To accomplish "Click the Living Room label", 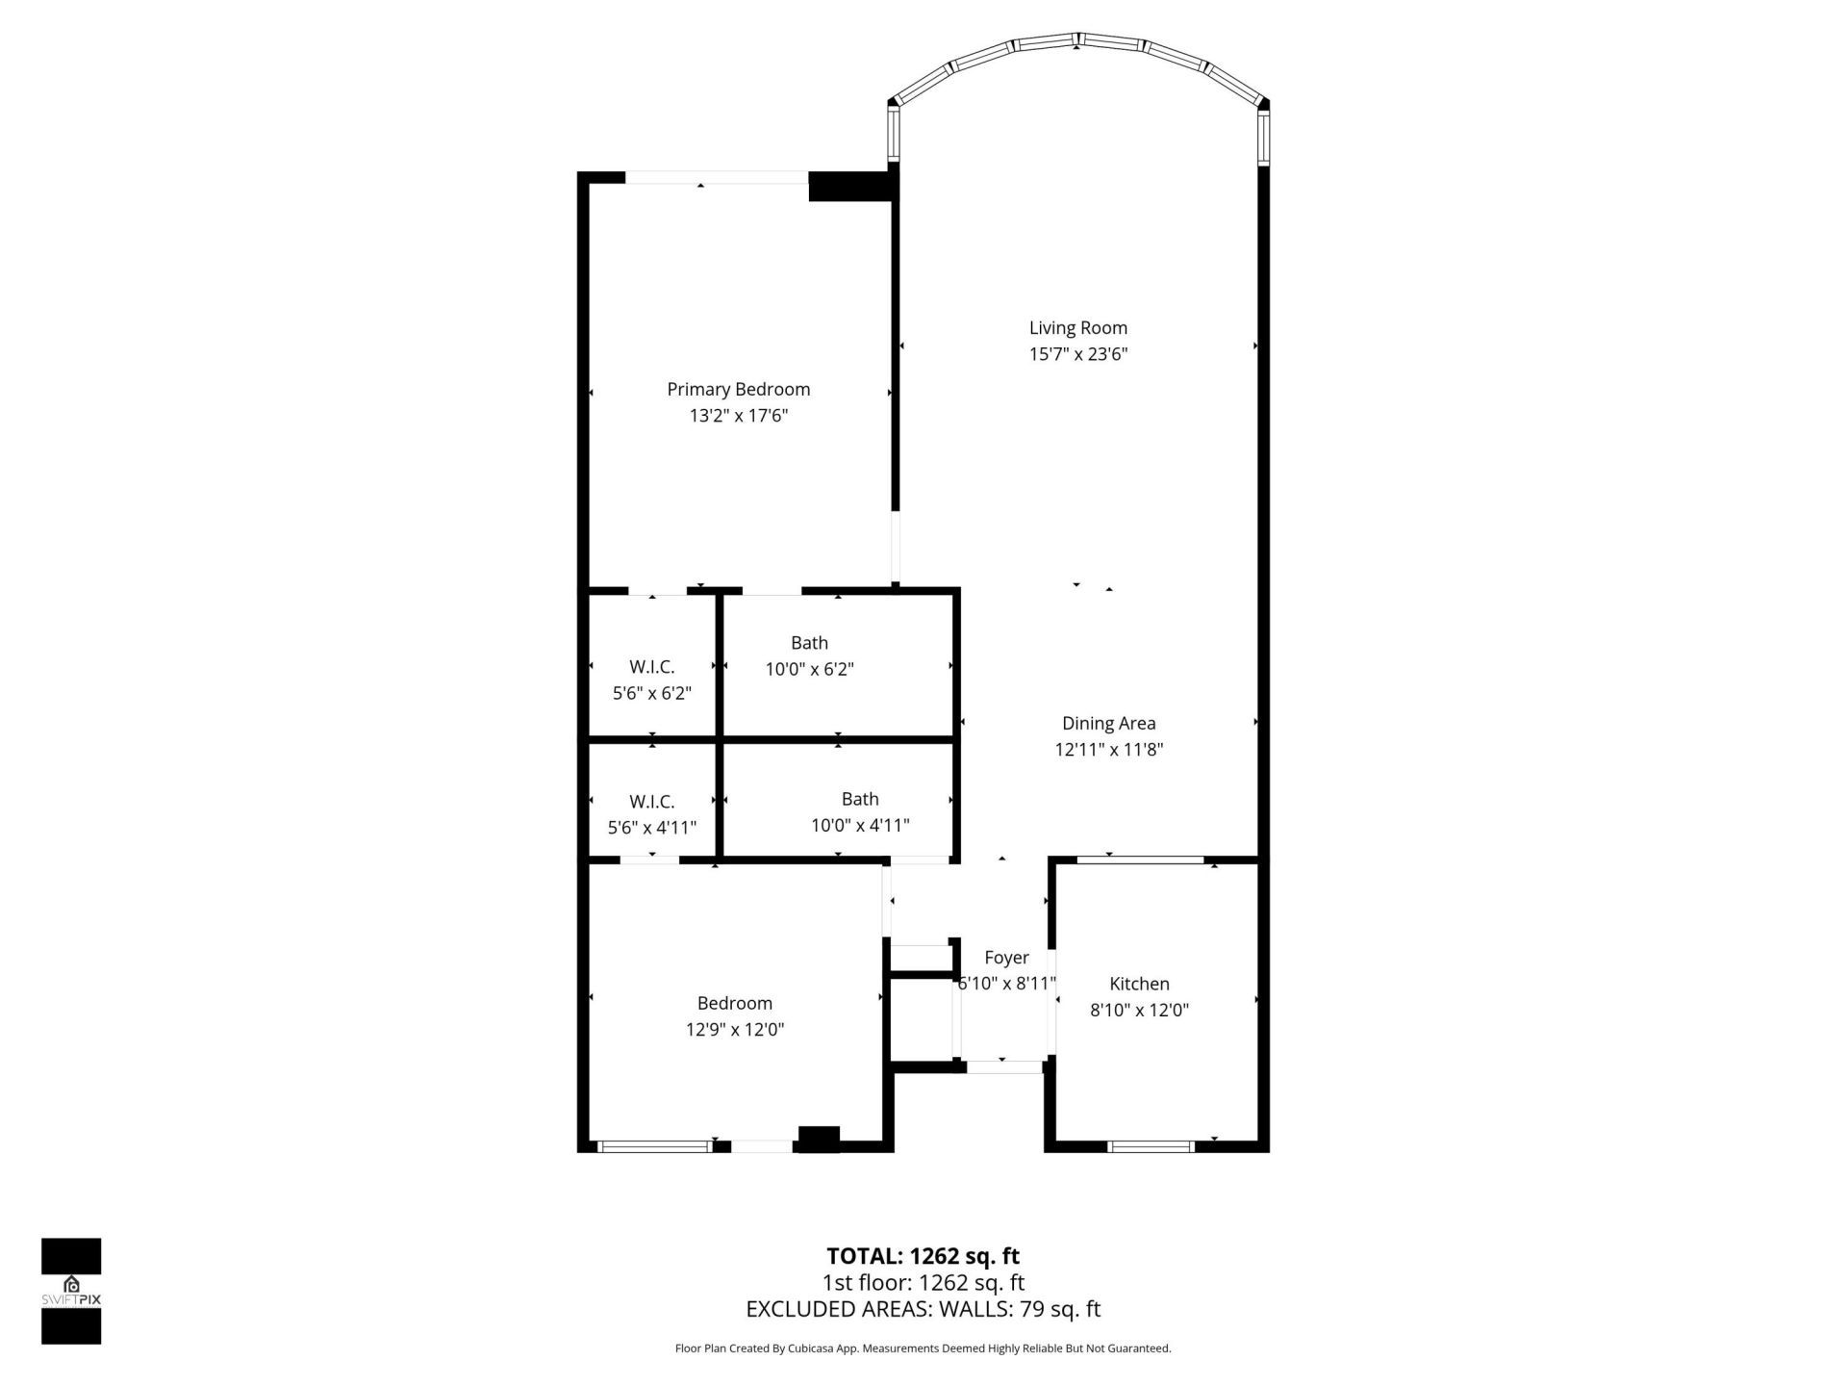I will coord(1077,328).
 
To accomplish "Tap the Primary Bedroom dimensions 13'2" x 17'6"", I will coord(738,416).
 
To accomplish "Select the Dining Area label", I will coord(1108,724).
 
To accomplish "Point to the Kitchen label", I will coord(1139,984).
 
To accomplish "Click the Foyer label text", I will coord(1006,958).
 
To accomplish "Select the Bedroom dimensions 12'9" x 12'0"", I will coord(734,1030).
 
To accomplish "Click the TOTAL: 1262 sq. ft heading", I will coord(923,1256).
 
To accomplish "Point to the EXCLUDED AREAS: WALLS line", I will coord(923,1309).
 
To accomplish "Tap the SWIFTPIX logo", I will coord(71,1291).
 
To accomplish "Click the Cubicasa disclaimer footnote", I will coord(923,1348).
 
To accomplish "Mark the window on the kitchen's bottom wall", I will coord(1151,1146).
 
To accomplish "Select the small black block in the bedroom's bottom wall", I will coord(820,1139).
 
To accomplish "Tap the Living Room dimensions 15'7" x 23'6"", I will coord(1077,354).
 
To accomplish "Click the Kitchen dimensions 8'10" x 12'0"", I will coord(1139,1011).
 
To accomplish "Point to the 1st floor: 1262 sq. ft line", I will coord(923,1283).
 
